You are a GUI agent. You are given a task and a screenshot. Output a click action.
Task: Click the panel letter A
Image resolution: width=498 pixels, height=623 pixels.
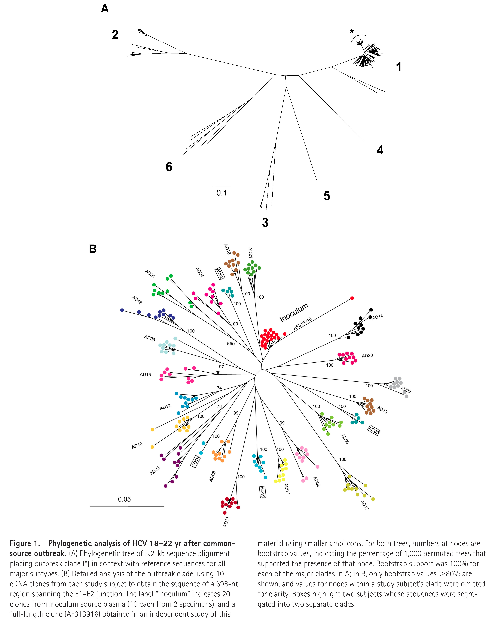(105, 9)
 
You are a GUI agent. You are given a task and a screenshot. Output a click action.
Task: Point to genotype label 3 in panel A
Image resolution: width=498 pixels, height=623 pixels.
(265, 222)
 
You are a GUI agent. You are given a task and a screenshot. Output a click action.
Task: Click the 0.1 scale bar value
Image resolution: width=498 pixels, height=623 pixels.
(222, 193)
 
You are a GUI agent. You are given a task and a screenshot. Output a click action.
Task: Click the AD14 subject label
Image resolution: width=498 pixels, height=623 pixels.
(377, 317)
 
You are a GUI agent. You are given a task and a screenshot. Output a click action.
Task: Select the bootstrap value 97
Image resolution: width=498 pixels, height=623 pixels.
(221, 367)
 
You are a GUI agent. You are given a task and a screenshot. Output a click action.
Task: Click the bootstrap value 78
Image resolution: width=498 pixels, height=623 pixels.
(219, 406)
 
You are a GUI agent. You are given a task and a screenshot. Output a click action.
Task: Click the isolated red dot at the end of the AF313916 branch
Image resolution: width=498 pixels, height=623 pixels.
(352, 298)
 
